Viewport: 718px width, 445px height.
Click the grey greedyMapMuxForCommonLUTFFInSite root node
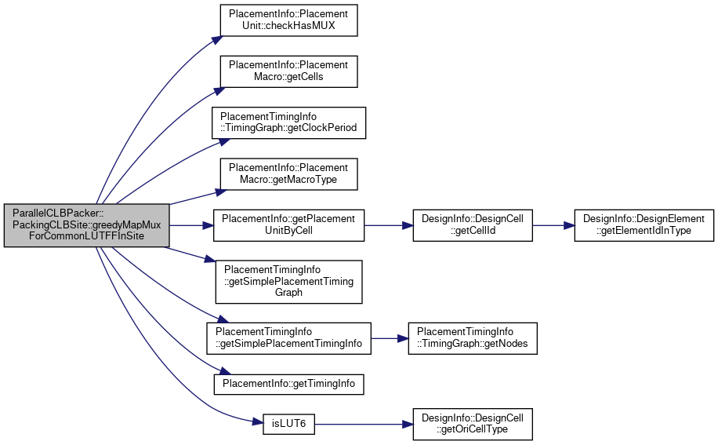pos(86,225)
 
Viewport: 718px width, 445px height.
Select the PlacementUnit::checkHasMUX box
pos(288,20)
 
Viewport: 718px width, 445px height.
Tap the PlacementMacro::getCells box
pos(288,71)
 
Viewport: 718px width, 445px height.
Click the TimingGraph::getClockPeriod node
pos(288,122)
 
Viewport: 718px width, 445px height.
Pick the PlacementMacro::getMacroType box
pos(288,174)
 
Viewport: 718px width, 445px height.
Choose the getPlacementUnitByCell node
pos(288,225)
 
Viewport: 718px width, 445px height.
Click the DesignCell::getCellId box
pos(473,225)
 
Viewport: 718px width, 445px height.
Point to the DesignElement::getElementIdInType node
pos(644,225)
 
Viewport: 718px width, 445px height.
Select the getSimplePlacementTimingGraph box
pos(288,282)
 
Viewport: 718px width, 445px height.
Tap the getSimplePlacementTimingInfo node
pos(288,338)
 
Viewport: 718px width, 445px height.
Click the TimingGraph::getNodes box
pos(473,338)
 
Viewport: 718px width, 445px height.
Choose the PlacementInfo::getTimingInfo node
pos(288,384)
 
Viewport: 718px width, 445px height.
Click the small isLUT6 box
pos(288,425)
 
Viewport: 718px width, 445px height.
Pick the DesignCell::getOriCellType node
pos(473,425)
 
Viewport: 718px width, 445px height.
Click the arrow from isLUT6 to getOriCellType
pos(364,425)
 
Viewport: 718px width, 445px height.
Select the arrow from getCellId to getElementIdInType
pos(553,225)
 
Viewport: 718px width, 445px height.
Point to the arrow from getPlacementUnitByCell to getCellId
pos(389,225)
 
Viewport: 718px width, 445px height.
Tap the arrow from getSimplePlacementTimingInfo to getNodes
pos(390,338)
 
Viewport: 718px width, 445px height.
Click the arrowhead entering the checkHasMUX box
pos(217,40)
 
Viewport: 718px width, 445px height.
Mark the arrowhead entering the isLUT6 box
pos(258,421)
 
